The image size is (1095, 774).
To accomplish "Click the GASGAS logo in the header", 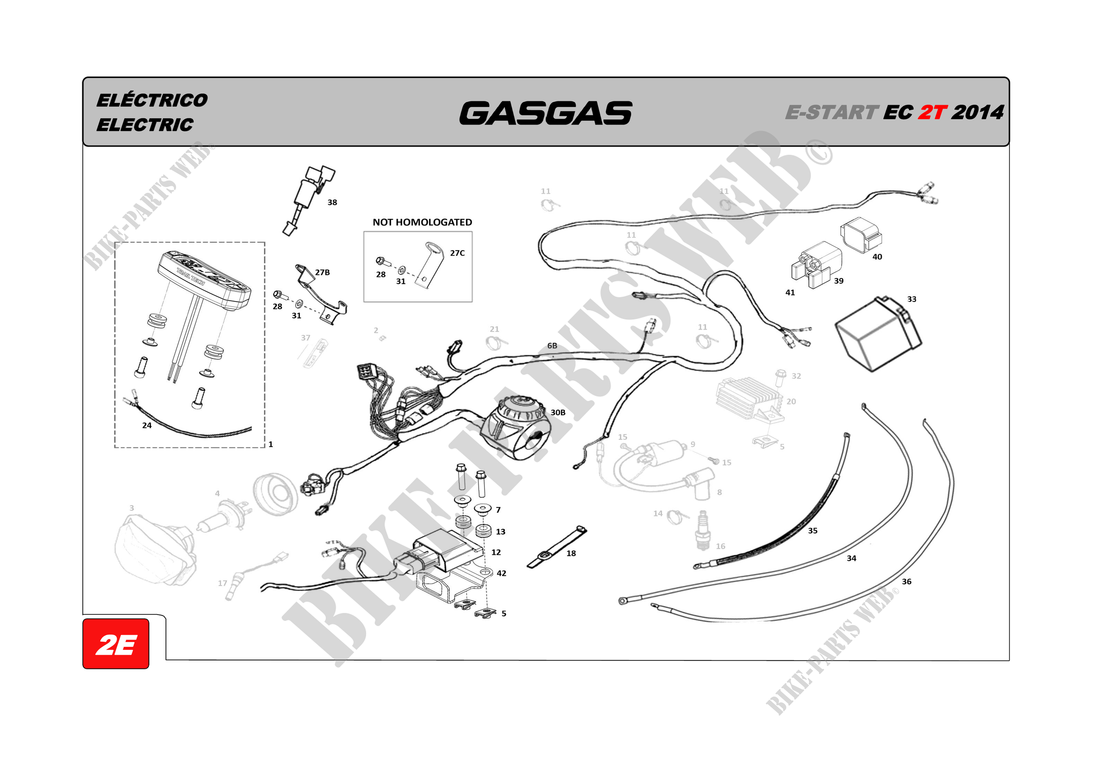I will (545, 113).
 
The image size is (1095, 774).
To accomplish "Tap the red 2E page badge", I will (116, 644).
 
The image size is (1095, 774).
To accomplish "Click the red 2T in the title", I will (933, 113).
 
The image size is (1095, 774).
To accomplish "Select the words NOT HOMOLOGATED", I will (422, 222).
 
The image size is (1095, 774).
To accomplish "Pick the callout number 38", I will (332, 203).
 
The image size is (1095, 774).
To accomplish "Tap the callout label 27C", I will (457, 253).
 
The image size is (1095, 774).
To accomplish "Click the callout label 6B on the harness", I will (552, 346).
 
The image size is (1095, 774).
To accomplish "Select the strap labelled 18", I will (556, 548).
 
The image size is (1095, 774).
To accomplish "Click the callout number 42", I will (501, 573).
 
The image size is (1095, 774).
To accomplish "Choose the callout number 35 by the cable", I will (812, 531).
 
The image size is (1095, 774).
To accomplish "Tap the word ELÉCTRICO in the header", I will (152, 101).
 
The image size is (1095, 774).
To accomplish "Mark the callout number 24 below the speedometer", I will (147, 426).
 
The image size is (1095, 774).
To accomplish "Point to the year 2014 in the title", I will (978, 113).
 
